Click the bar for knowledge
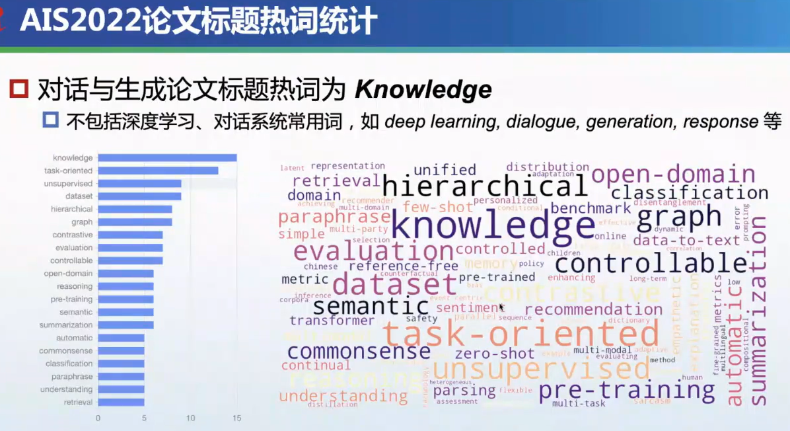[167, 158]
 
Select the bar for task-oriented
[158, 171]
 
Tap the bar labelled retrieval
[121, 402]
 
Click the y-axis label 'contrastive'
[73, 235]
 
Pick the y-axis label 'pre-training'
[73, 299]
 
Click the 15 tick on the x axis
[236, 418]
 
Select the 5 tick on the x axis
[144, 418]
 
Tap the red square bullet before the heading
[19, 89]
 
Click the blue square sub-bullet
[51, 121]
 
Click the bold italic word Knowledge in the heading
[423, 89]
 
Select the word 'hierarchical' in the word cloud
[485, 186]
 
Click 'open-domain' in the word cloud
[673, 175]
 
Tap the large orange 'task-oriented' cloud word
[521, 334]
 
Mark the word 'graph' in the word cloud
[680, 216]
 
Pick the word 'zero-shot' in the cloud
[495, 353]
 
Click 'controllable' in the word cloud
[651, 264]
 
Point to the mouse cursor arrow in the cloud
[502, 307]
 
